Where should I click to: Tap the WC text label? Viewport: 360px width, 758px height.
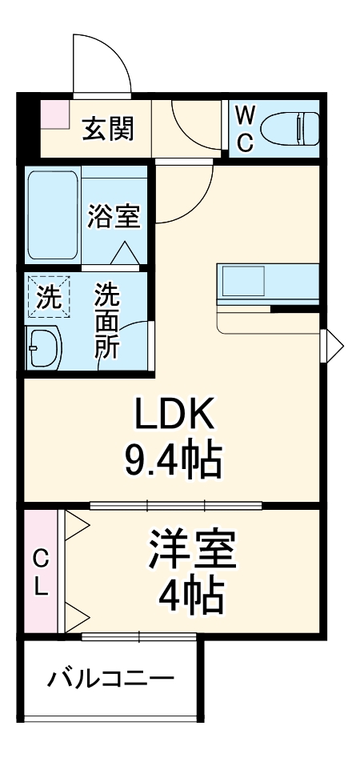click(246, 128)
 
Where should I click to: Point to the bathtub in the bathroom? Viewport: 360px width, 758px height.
click(53, 214)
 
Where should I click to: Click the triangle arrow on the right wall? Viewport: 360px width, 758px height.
click(334, 347)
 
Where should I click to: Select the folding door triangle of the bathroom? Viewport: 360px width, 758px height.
click(123, 253)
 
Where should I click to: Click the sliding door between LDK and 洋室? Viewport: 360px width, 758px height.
click(176, 505)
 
